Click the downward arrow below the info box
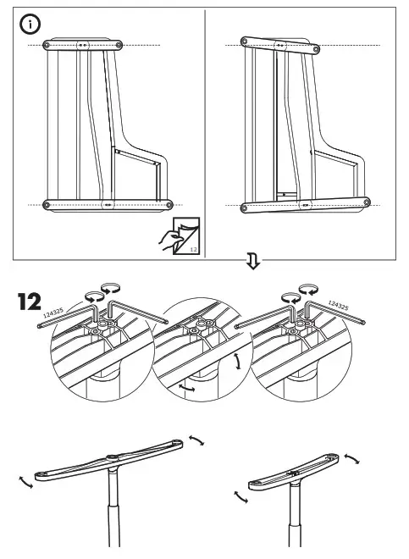point(251,262)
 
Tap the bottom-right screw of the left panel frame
point(169,204)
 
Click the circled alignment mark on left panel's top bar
point(82,44)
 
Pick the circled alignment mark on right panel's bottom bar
point(303,204)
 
